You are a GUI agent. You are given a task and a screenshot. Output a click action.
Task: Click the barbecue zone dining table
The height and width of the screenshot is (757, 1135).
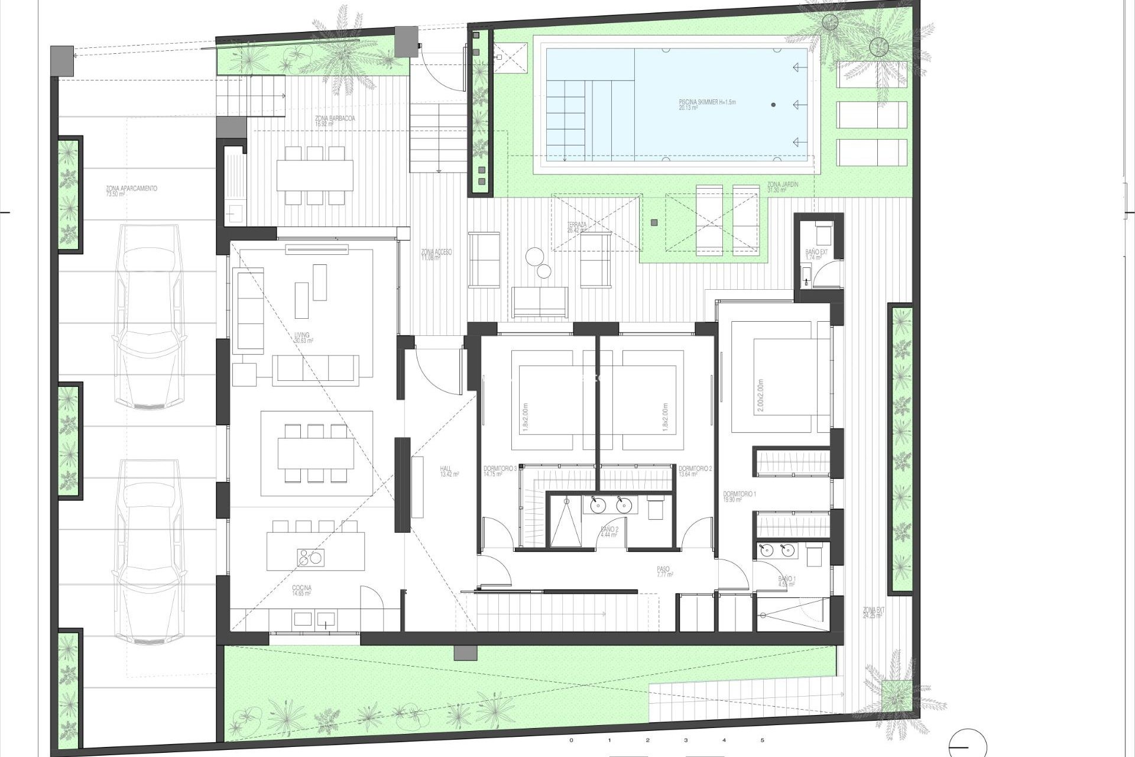coord(314,175)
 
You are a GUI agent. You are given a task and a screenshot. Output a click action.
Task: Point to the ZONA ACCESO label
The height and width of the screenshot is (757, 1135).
coord(436,254)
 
